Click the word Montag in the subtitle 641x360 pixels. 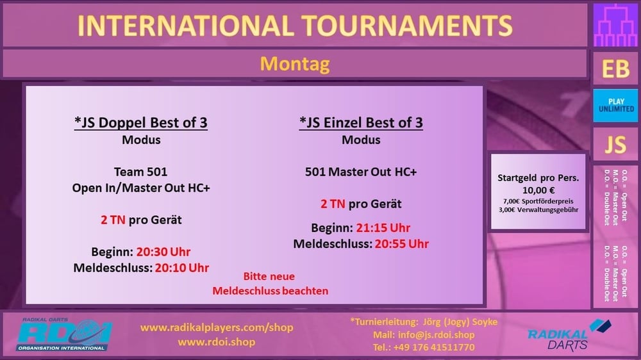295,64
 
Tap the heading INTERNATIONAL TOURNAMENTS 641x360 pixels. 295,26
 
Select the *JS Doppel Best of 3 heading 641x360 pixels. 141,122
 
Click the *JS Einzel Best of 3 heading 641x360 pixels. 361,122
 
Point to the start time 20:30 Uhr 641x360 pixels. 163,252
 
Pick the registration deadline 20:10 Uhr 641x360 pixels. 182,268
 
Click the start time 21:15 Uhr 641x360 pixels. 383,227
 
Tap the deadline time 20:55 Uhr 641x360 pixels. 402,244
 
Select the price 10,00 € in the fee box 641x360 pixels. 538,190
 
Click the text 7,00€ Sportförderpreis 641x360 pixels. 538,201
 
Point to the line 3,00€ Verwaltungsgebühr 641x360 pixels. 538,210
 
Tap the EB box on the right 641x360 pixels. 615,69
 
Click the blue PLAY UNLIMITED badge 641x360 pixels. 615,106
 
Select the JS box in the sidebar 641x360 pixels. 615,144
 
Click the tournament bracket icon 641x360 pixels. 615,26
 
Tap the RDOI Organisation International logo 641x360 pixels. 63,334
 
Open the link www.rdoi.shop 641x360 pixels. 217,342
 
